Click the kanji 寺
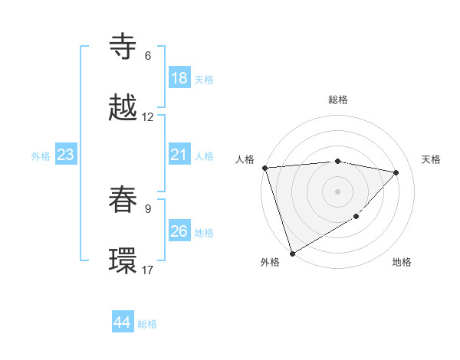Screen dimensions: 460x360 [x=123, y=47]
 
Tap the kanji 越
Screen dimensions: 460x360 [x=123, y=108]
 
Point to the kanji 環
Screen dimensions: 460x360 [x=123, y=261]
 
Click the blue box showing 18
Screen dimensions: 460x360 [x=179, y=78]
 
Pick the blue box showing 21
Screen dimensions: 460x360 [x=179, y=155]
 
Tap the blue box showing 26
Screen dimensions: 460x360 [x=179, y=231]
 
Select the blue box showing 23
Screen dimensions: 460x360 [x=65, y=155]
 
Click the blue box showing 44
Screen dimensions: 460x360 [x=122, y=322]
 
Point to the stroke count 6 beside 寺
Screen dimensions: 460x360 [x=148, y=56]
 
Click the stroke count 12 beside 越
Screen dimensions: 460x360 [x=148, y=117]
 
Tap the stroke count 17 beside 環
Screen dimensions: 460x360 [x=148, y=270]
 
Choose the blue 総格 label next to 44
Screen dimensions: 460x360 [x=147, y=324]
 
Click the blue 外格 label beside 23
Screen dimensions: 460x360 [x=41, y=156]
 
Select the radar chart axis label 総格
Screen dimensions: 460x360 [x=337, y=100]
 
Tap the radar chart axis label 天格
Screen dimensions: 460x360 [x=431, y=159]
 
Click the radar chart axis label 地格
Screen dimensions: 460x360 [x=402, y=262]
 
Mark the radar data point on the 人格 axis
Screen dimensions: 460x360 [x=264, y=168]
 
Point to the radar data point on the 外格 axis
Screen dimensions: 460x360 [x=292, y=253]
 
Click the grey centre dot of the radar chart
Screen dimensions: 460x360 [x=337, y=191]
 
